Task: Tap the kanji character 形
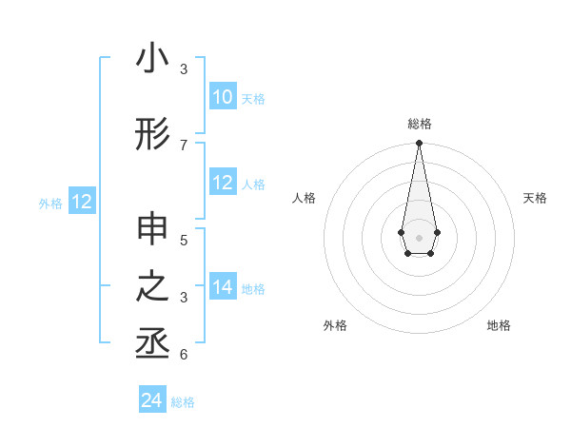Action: coord(152,134)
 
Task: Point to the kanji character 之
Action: coord(152,288)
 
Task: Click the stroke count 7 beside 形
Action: coord(184,145)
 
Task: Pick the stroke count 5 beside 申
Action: coord(184,240)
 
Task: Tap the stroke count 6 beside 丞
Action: coord(184,355)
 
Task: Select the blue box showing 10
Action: coord(223,97)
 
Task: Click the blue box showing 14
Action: coord(223,287)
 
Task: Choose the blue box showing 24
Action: coord(152,400)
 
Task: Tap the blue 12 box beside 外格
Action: coord(81,202)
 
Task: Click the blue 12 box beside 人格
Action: coord(223,183)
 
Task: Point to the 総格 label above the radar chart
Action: coord(419,124)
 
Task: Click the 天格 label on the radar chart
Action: coord(535,198)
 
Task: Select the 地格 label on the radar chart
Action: coord(499,325)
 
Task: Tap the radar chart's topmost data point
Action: coord(419,143)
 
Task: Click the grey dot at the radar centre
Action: coord(419,236)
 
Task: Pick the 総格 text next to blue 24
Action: coord(183,402)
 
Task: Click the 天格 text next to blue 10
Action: coord(253,98)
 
